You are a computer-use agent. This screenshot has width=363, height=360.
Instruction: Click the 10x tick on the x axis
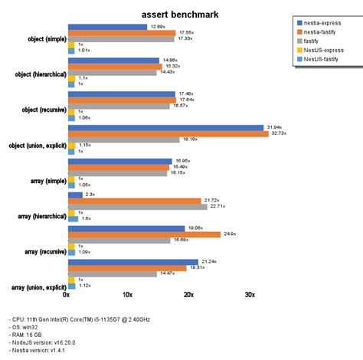(x=128, y=294)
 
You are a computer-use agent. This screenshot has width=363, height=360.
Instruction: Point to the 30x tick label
(x=250, y=294)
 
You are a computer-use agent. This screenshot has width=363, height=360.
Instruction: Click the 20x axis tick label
(x=189, y=294)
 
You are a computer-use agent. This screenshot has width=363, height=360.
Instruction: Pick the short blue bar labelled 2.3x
(x=74, y=195)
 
